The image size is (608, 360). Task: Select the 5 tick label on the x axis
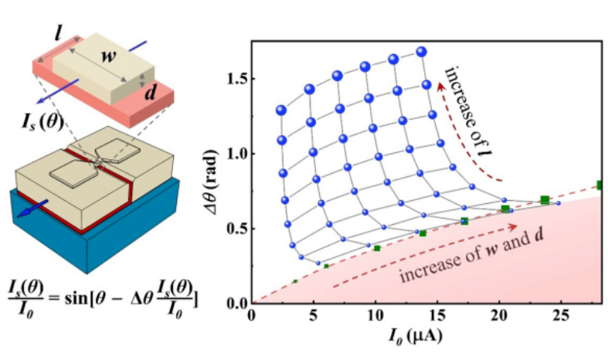(313, 316)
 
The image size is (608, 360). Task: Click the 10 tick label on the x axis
(375, 316)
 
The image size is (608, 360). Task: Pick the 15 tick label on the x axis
(437, 316)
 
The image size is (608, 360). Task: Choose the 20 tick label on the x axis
(500, 316)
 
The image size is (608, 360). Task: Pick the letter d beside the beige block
(152, 91)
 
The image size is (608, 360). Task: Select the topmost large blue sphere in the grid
(421, 52)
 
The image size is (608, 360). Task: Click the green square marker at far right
(601, 185)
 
